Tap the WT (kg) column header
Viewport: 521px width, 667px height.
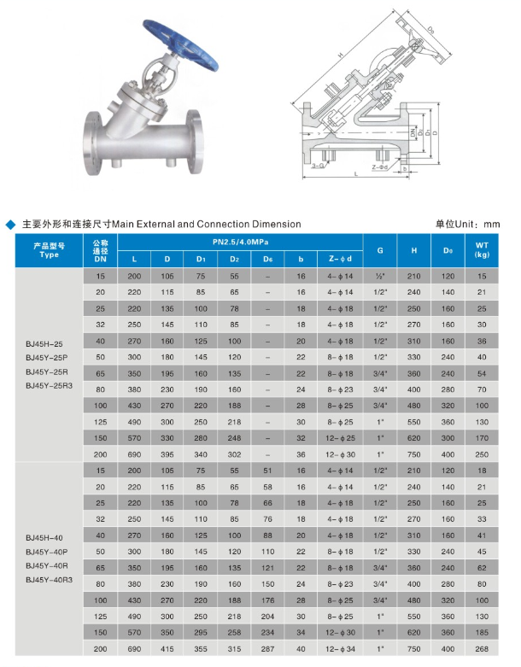[482, 250]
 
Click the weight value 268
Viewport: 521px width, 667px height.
[482, 650]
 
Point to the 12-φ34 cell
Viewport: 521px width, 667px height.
[340, 650]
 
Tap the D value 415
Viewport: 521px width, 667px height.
[167, 650]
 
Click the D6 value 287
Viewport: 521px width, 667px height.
[267, 650]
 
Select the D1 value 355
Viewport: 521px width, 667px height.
[201, 650]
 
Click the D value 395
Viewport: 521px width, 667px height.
[167, 454]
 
